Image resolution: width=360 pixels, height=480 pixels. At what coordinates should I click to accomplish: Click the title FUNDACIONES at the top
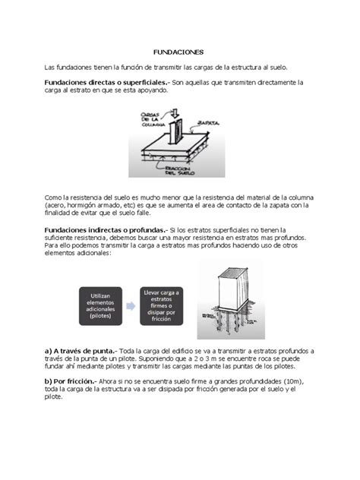coord(179,52)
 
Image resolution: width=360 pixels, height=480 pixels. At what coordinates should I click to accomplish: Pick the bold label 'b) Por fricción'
coord(72,381)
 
